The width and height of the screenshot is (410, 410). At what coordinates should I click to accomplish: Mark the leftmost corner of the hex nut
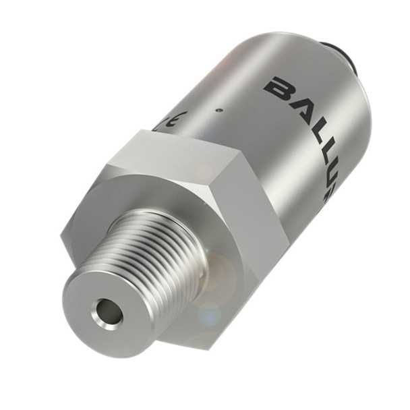tap(61, 243)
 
